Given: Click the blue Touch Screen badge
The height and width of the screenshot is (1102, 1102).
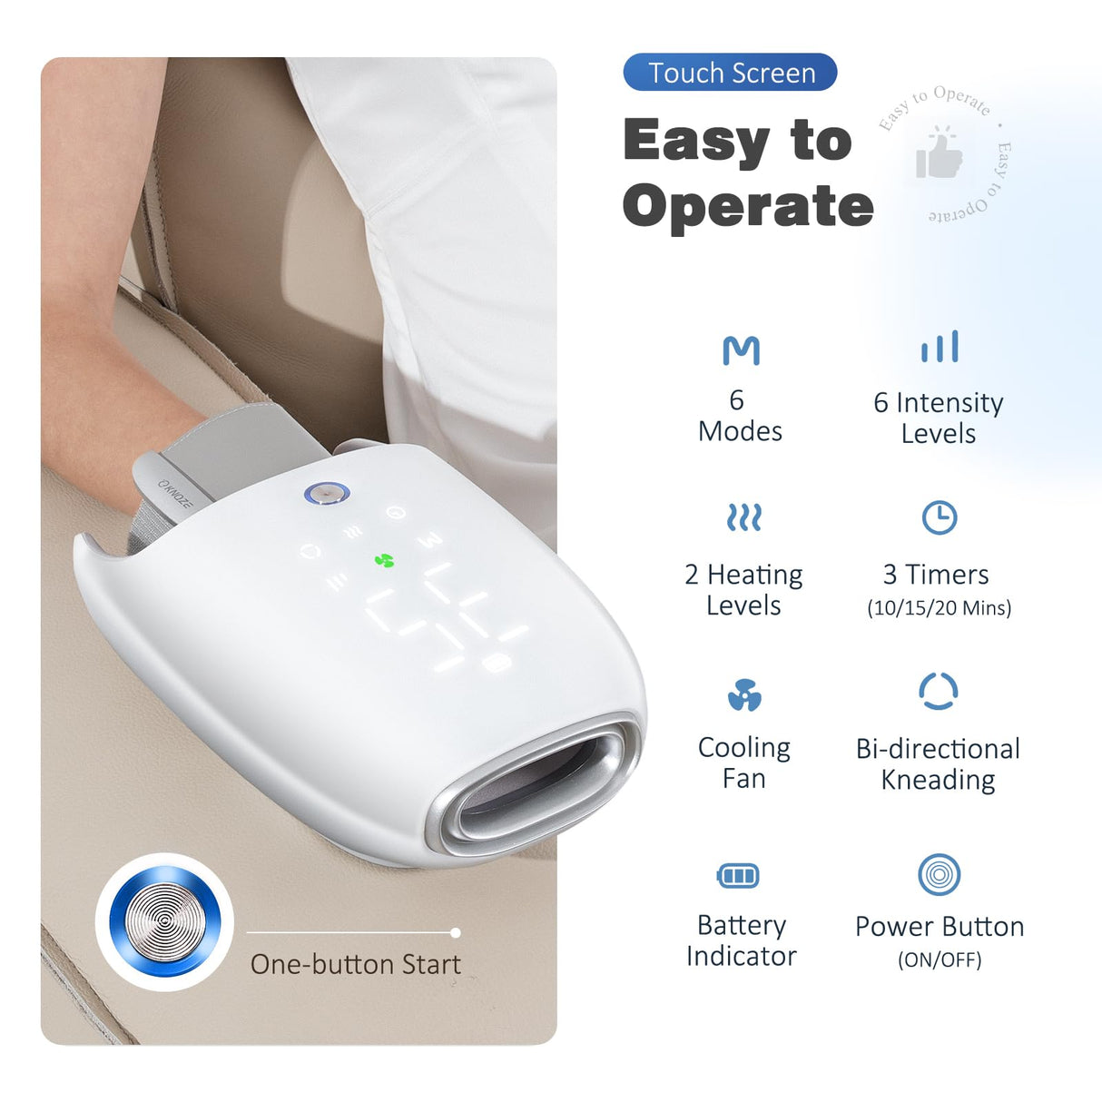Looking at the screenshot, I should click(x=730, y=73).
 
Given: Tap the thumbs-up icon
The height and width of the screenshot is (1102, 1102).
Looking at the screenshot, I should click(x=939, y=155).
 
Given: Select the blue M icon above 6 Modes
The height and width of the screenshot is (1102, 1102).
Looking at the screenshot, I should click(x=741, y=350).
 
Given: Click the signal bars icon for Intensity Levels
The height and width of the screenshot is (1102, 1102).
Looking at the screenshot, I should click(x=940, y=348).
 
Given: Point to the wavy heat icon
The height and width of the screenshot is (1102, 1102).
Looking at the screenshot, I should click(x=744, y=517).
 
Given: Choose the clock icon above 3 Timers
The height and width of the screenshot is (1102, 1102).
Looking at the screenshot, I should click(x=940, y=517).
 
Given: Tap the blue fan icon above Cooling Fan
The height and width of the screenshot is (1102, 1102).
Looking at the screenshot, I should click(x=744, y=695).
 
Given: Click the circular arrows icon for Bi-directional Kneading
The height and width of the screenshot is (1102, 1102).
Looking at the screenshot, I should click(x=939, y=692).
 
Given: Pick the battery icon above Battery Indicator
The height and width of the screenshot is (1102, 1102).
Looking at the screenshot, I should click(x=738, y=876).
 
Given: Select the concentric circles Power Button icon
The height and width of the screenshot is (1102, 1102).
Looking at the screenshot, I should click(x=940, y=875).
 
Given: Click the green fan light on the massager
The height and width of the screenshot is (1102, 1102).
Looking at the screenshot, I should click(x=385, y=561).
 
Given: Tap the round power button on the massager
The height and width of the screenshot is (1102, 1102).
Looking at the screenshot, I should click(x=327, y=494).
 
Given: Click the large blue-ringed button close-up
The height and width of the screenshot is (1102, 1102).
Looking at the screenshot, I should click(x=164, y=921).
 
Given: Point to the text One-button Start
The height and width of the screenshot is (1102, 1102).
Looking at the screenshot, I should click(x=356, y=964).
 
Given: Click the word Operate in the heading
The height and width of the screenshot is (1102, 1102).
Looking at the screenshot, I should click(x=748, y=206).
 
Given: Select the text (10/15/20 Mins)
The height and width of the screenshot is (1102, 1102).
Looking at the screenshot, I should click(x=940, y=608).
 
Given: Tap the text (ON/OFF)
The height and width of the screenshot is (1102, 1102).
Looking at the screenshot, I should click(x=940, y=959).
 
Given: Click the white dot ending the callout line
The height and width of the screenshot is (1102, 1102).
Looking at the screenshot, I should click(x=456, y=932).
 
